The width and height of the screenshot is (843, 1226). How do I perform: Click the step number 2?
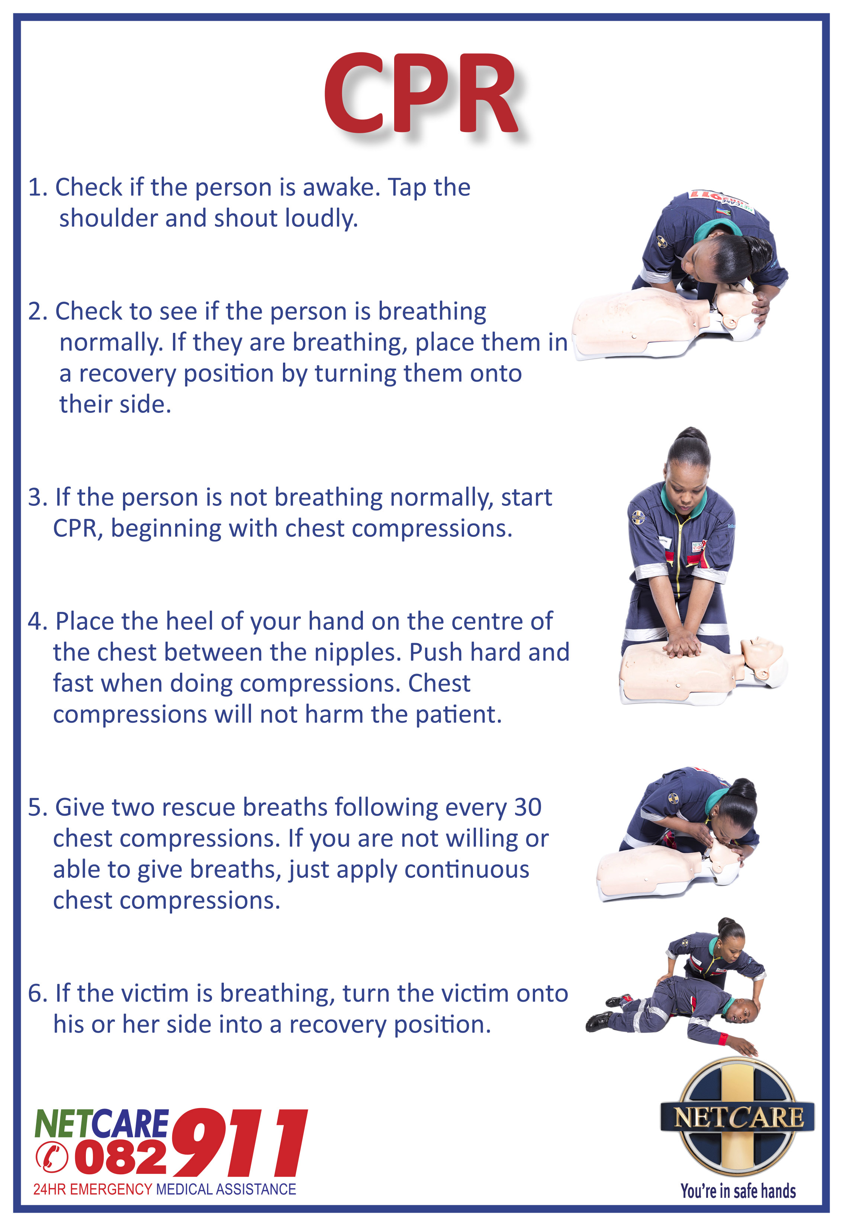click(x=37, y=312)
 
